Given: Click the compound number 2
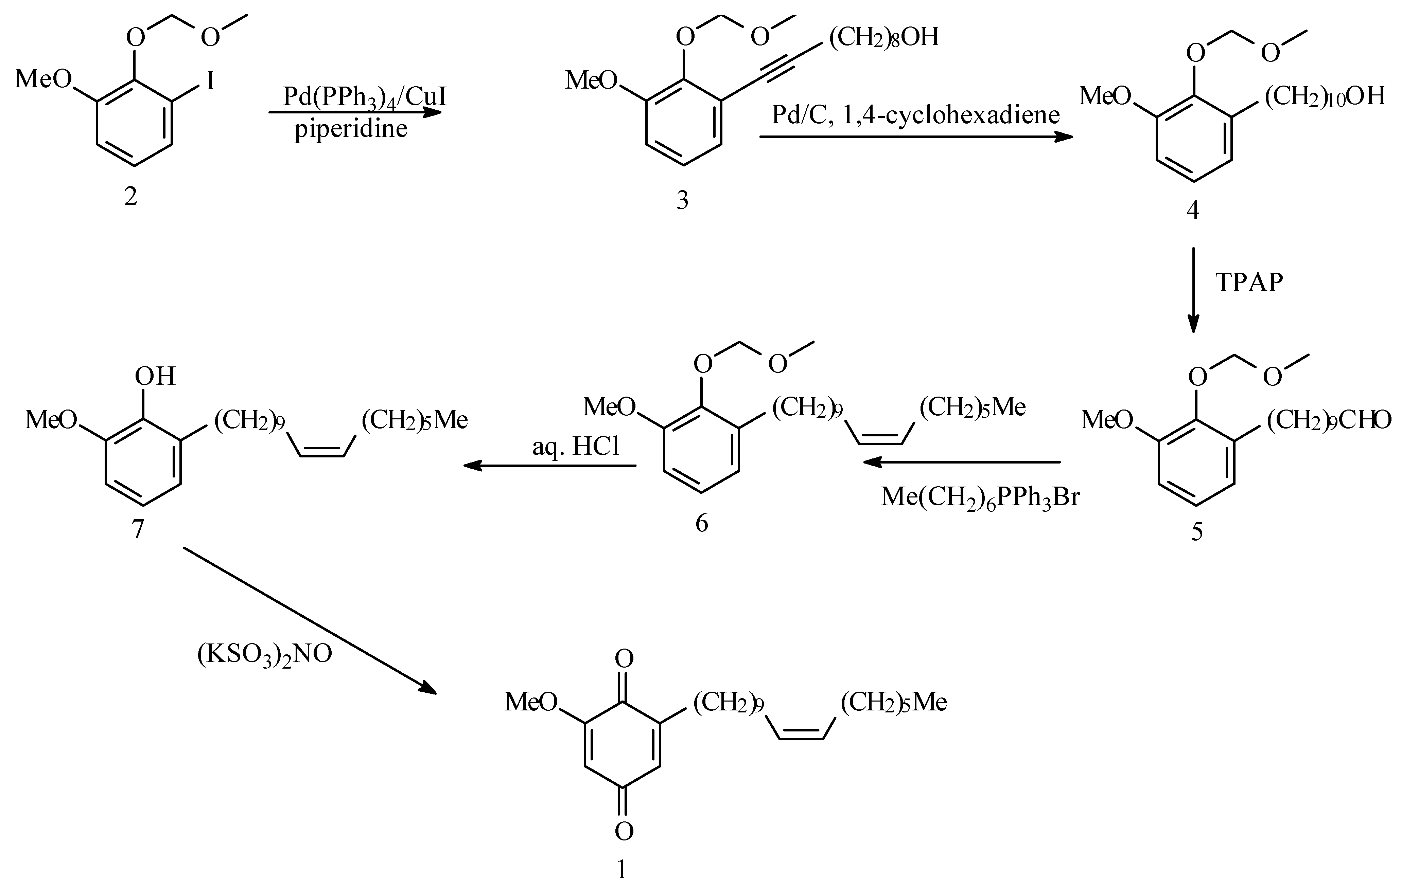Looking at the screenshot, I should point(130,197).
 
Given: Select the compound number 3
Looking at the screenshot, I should point(682,200).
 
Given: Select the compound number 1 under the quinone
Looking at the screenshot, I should point(622,869).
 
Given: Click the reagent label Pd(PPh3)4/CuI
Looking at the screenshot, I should point(364,96).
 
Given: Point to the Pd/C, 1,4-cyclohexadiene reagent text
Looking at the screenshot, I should point(915,114).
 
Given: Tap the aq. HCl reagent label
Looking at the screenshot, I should point(576,447).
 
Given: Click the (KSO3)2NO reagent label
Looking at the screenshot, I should point(265,654).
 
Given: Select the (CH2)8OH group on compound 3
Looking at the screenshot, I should point(884,37).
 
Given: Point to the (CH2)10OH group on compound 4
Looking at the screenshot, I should point(1325,96).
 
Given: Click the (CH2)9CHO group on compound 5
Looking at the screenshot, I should point(1329,420).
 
